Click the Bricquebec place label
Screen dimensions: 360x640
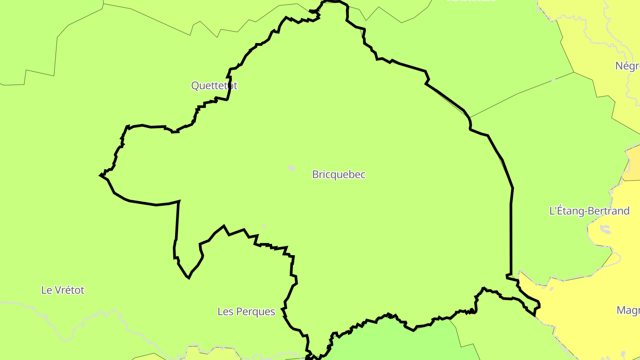(339, 175)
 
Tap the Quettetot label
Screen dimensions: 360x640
(214, 86)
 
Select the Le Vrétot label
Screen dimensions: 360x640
(63, 290)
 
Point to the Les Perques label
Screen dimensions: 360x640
(246, 312)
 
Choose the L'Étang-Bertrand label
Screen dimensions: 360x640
(589, 211)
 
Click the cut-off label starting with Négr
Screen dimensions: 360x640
(627, 66)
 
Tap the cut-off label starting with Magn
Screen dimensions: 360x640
(628, 310)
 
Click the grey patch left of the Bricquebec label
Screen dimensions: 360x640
(292, 168)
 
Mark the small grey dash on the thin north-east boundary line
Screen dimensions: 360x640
(553, 80)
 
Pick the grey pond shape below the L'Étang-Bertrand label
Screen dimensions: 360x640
(605, 229)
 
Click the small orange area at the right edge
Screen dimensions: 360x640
(632, 164)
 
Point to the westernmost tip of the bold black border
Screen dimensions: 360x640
(101, 176)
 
